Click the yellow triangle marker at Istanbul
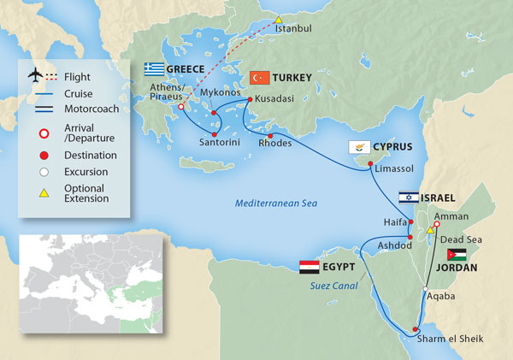(278, 20)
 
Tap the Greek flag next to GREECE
(154, 68)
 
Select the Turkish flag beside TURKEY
(260, 78)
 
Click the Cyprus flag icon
(357, 147)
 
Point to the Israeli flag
(408, 198)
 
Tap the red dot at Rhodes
(270, 136)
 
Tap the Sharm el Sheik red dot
(416, 330)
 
